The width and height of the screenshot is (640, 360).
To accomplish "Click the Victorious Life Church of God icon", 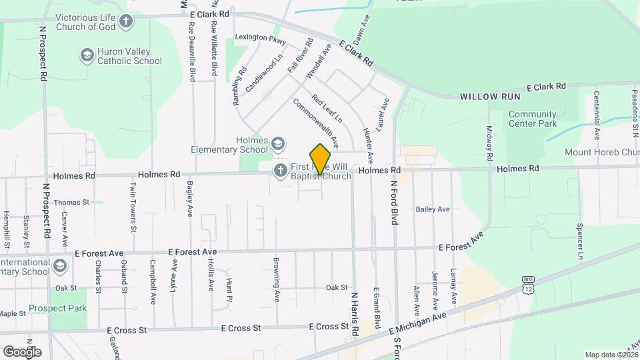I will (125, 21).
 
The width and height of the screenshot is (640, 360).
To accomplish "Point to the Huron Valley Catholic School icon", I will (86, 55).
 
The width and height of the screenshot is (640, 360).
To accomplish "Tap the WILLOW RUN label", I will (488, 97).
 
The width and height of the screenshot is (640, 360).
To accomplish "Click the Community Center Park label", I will (532, 119).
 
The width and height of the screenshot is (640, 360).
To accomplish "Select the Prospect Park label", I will (58, 309).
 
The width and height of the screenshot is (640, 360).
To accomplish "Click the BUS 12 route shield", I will (528, 285).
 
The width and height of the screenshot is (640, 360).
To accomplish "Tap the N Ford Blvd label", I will (394, 201).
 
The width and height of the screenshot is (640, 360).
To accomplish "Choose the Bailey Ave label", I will (433, 209).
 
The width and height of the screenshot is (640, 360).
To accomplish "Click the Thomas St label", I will (71, 202).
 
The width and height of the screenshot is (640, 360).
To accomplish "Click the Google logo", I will (22, 351).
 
